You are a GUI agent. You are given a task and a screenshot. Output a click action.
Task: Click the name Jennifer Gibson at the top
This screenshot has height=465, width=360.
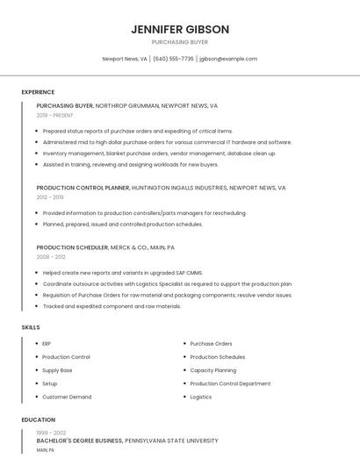tap(180, 29)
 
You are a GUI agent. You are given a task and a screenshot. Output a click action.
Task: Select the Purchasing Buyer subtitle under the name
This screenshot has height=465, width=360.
tap(180, 42)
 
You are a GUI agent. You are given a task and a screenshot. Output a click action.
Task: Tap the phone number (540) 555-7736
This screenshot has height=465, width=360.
tap(173, 59)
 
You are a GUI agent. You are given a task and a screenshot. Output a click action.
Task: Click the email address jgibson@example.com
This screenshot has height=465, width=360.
tap(228, 59)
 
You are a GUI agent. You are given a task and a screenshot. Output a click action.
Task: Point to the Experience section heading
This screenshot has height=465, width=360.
tap(38, 92)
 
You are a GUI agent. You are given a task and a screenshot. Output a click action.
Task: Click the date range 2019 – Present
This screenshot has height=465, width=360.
tap(54, 115)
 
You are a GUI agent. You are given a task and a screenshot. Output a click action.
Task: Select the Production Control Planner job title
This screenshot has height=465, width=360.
tap(83, 188)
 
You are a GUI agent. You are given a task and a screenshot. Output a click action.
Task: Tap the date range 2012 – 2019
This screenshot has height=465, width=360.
tap(50, 197)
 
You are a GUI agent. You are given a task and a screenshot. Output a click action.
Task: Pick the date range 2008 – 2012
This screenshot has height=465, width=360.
tap(51, 257)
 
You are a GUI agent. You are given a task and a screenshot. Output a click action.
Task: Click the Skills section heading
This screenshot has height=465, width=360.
tap(31, 327)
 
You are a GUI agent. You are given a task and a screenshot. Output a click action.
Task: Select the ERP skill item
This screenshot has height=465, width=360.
tap(47, 344)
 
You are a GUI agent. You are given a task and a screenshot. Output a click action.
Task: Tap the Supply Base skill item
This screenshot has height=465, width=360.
tap(57, 370)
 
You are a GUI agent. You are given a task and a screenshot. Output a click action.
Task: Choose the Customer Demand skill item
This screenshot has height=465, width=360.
tap(67, 397)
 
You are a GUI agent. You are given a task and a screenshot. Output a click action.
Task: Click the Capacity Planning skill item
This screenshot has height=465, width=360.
tap(212, 370)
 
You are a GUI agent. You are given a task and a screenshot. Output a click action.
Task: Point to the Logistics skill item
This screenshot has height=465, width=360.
tap(200, 397)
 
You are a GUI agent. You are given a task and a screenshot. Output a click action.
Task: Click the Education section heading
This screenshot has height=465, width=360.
tap(38, 420)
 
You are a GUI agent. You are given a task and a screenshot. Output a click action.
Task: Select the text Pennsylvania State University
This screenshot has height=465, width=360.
tap(171, 440)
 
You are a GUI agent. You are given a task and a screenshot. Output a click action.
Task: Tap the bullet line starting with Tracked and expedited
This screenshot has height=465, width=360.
tap(112, 306)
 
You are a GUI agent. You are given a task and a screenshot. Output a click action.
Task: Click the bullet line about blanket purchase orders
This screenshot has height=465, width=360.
tap(159, 154)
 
